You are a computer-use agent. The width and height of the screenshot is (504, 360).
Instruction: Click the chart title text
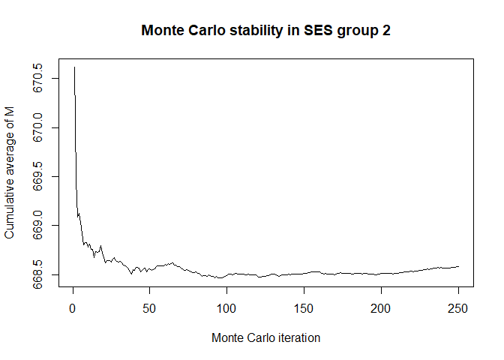tap(265, 31)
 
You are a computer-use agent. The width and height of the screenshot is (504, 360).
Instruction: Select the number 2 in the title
tap(385, 31)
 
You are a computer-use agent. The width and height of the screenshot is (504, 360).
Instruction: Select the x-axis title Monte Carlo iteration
tap(265, 337)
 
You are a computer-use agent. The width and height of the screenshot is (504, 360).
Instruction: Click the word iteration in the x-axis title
tap(298, 337)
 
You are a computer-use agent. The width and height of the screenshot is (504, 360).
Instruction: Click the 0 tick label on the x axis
tap(72, 307)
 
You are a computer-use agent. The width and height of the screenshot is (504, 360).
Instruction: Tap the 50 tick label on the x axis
tap(149, 307)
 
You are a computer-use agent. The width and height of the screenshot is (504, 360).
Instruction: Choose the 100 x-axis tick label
tap(226, 307)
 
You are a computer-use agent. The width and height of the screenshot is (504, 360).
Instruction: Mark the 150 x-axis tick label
tap(304, 307)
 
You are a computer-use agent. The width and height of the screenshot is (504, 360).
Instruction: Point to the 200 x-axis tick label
tap(381, 307)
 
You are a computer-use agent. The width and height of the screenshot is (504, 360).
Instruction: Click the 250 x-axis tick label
tap(458, 307)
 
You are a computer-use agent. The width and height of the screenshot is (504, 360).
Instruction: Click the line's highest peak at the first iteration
tap(74, 67)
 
